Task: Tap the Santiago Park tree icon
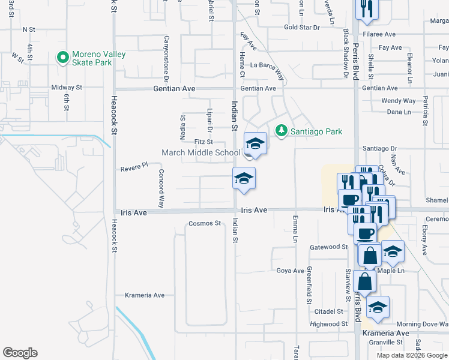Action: coord(280,131)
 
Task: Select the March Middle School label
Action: coord(200,152)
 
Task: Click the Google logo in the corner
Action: coord(20,353)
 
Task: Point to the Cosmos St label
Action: coord(205,223)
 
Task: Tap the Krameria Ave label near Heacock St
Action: coord(144,295)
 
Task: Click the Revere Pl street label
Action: coord(133,166)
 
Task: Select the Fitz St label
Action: coord(203,142)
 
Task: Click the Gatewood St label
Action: coord(329,247)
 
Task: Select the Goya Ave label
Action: coord(290,271)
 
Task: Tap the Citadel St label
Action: coord(328,311)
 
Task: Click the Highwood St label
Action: coord(325,324)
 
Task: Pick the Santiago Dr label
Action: coord(379,148)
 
